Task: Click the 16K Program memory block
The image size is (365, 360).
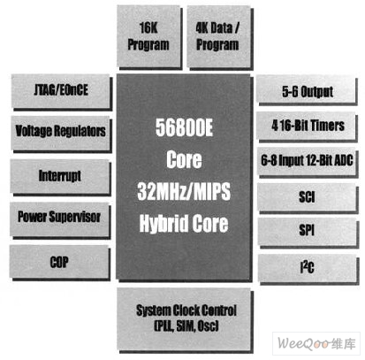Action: (x=148, y=36)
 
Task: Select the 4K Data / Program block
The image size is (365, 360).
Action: (x=218, y=36)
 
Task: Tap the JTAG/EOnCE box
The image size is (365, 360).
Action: (x=61, y=91)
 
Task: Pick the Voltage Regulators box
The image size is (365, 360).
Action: (x=61, y=133)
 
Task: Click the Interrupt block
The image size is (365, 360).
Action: (x=60, y=176)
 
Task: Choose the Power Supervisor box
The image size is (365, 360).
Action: (x=59, y=218)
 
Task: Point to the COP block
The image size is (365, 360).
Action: (x=59, y=262)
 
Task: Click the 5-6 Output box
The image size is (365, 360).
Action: (x=307, y=89)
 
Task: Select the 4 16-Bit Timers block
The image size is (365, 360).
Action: (x=307, y=126)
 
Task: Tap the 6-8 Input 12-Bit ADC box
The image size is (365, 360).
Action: (x=307, y=161)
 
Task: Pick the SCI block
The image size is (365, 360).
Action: (x=308, y=197)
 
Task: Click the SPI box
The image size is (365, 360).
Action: (x=308, y=232)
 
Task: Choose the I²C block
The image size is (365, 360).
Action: (x=308, y=268)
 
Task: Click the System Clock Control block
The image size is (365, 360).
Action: (x=184, y=319)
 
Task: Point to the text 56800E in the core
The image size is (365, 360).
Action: (x=184, y=127)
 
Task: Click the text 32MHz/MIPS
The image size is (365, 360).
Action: (x=184, y=191)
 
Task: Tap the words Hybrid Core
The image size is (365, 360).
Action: (x=184, y=223)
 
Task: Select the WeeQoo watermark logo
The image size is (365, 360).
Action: (x=316, y=343)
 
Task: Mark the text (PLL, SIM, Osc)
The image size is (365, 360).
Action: (x=186, y=326)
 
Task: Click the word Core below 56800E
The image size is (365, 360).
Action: (x=184, y=159)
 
